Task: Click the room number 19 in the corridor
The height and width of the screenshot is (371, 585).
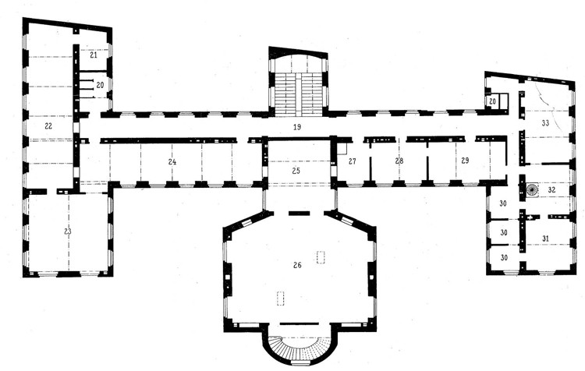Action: click(296, 127)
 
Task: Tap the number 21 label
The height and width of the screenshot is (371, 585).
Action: click(94, 55)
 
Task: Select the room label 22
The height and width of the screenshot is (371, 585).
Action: click(48, 126)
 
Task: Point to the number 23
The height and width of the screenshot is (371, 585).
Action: click(67, 231)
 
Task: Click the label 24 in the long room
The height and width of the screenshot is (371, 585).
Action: click(172, 162)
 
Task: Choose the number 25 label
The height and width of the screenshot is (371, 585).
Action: click(296, 171)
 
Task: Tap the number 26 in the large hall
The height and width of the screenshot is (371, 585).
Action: click(297, 265)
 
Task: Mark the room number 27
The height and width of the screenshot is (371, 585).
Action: click(353, 161)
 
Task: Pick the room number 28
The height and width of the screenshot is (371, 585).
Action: click(399, 161)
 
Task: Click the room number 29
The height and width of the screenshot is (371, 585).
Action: click(465, 161)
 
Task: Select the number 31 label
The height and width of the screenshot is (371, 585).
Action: click(545, 238)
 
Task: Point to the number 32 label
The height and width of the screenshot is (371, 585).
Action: click(551, 190)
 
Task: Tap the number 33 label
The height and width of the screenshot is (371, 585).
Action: click(545, 123)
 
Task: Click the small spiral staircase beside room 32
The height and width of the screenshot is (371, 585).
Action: click(531, 189)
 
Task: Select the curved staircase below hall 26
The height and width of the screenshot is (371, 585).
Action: click(300, 350)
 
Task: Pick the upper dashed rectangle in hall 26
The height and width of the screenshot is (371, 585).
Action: click(321, 257)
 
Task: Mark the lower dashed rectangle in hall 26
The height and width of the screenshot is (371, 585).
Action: click(280, 299)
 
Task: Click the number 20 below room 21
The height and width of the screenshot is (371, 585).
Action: click(100, 86)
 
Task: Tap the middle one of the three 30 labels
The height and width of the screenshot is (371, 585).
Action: click(504, 233)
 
